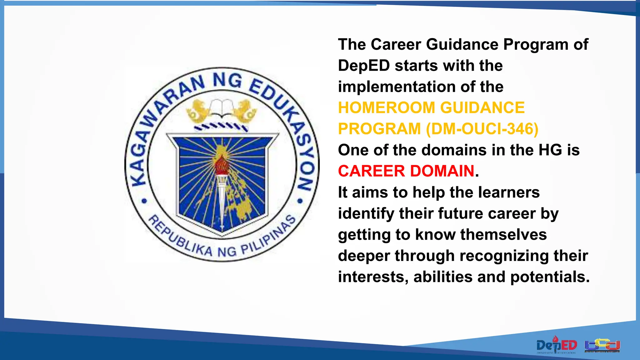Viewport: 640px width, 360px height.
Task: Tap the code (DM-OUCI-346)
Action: coord(482,129)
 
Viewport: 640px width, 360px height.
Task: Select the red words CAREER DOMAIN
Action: coord(406,171)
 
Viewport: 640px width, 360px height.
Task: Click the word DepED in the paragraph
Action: coord(364,66)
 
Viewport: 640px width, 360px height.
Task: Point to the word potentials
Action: coord(550,277)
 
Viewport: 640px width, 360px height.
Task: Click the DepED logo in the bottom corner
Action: coord(557,345)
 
